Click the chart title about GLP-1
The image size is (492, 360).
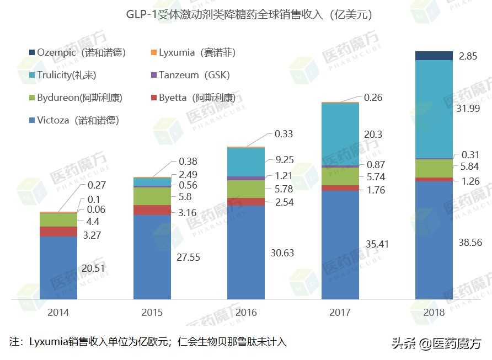245,15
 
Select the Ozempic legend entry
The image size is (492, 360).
77,53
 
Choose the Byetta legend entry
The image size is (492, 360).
192,98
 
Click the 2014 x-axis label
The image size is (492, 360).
58,313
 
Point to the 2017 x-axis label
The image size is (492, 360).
340,313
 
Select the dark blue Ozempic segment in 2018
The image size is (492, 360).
434,55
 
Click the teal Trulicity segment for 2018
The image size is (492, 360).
434,109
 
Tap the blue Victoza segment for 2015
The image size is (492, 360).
152,257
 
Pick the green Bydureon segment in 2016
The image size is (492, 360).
246,189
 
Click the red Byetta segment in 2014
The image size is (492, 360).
58,232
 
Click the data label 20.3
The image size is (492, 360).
373,134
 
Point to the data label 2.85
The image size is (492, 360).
468,57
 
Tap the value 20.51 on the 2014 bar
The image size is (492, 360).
94,268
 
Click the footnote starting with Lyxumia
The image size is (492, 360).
148,342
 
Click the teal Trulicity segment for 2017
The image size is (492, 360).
340,134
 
